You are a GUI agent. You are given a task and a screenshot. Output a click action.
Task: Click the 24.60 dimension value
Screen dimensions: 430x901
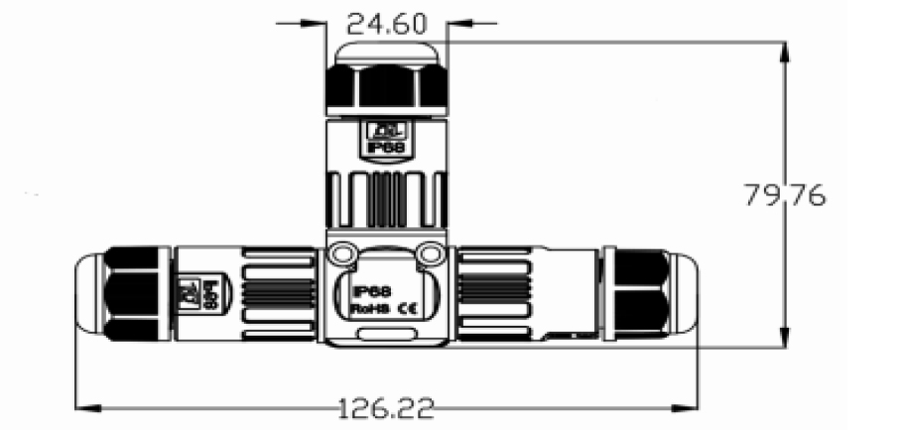click(382, 21)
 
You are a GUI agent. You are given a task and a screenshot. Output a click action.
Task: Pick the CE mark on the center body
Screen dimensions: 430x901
click(408, 309)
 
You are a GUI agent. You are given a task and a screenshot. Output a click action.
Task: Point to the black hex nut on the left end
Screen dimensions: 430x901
click(135, 296)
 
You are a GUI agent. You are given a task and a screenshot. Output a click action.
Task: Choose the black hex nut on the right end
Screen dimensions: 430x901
click(639, 296)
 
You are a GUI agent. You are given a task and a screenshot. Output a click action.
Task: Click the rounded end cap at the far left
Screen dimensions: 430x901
click(88, 296)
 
